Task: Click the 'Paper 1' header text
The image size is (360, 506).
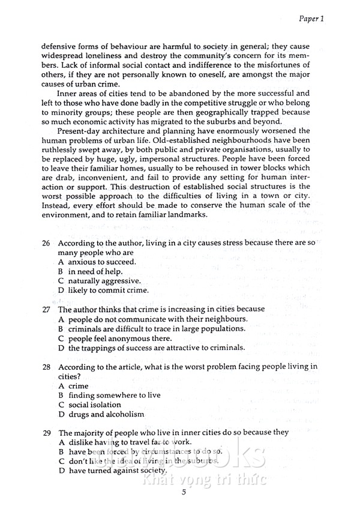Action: [x=311, y=19]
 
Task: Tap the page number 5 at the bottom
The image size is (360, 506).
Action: [x=184, y=493]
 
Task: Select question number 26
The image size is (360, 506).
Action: [x=46, y=244]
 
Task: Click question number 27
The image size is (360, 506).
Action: [x=46, y=310]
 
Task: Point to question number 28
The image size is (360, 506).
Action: [x=46, y=367]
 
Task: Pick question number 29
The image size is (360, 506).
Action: [x=46, y=432]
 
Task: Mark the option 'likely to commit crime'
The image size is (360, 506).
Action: [x=107, y=291]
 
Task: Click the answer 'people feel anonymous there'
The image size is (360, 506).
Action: [x=119, y=338]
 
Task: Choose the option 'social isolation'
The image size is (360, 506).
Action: [x=94, y=405]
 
